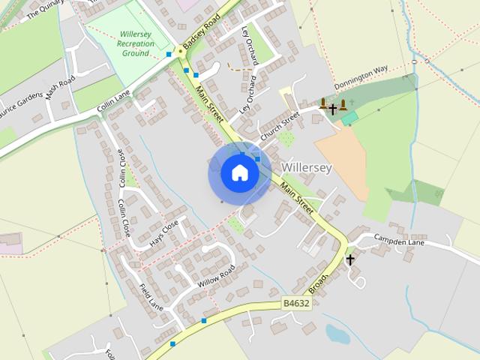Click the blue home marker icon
point(239,172)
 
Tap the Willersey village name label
point(306,167)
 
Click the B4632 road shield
point(296,303)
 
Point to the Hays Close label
point(163,233)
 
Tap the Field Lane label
point(151,295)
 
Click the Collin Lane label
point(113,103)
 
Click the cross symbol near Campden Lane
point(350,259)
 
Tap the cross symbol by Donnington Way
point(332,109)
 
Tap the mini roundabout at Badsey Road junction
point(179,52)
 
